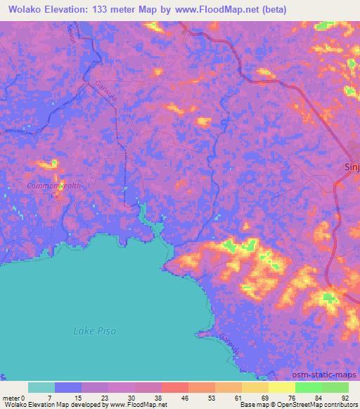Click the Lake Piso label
[95, 331]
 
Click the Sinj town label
[352, 167]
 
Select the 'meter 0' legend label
[13, 398]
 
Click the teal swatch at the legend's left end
[41, 387]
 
